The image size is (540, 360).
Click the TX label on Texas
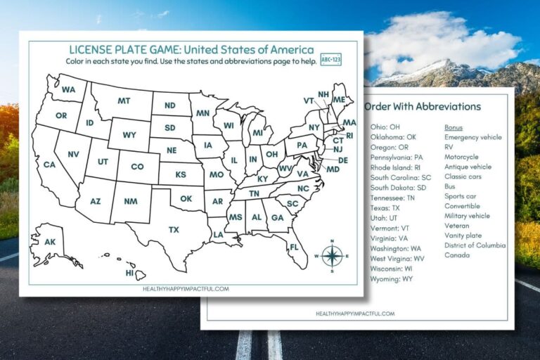click(174, 229)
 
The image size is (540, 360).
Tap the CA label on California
click(49, 165)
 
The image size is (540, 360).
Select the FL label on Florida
click(294, 247)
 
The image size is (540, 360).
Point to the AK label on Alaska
click(50, 242)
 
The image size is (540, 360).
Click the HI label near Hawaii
click(129, 273)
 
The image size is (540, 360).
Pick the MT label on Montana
click(124, 101)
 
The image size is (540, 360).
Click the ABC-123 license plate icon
click(330, 59)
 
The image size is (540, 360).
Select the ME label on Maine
click(338, 100)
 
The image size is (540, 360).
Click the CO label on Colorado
click(137, 167)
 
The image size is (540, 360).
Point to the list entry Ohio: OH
click(385, 127)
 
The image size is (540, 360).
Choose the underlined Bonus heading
click(454, 127)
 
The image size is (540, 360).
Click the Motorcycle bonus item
click(461, 157)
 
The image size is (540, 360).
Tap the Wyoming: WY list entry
click(392, 279)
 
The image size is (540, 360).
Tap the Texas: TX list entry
click(385, 209)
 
